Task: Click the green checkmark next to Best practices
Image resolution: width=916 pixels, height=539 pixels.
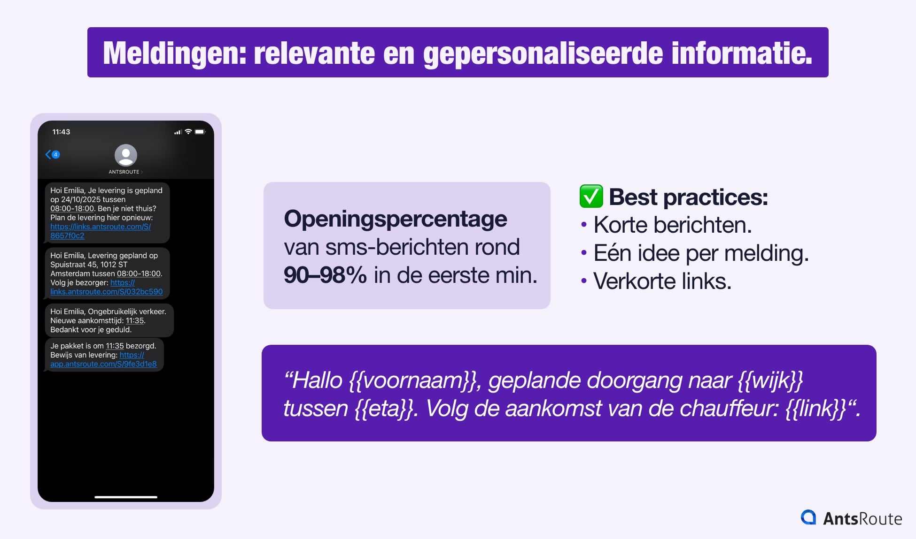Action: tap(591, 196)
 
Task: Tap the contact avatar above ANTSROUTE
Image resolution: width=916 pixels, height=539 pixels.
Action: tap(126, 155)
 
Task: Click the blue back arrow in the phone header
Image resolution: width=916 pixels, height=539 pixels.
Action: tap(48, 154)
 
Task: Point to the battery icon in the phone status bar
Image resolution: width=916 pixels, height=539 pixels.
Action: tap(200, 132)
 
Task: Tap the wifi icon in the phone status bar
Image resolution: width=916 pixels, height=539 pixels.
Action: tap(188, 131)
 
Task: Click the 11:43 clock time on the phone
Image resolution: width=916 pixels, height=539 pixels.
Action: tap(61, 132)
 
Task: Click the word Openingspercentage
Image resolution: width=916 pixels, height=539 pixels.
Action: tap(396, 219)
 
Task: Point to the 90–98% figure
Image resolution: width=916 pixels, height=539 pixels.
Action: tap(325, 275)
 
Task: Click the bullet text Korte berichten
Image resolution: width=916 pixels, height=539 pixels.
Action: tap(673, 225)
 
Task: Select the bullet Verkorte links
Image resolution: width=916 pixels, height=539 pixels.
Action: tap(662, 281)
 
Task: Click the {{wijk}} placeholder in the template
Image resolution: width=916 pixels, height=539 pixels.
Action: tap(770, 380)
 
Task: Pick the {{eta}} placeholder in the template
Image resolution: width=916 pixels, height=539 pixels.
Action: tap(384, 409)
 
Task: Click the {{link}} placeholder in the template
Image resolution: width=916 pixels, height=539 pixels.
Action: tap(816, 409)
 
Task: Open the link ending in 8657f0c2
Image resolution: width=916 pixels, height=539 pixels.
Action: tap(101, 231)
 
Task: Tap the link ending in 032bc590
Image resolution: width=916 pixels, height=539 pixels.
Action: tap(107, 287)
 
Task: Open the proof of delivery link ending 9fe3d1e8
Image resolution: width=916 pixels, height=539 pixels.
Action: tap(103, 359)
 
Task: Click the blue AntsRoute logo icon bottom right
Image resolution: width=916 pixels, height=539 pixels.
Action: tap(808, 517)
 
